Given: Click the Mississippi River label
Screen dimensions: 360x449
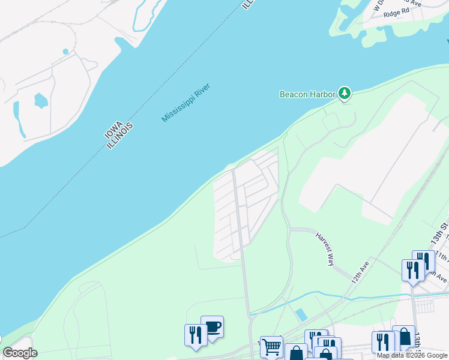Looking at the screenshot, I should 190,98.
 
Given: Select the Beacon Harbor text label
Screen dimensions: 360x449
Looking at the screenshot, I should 307,94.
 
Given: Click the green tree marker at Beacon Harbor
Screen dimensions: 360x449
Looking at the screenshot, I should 344,93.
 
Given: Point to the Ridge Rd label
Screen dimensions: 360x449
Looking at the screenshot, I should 396,11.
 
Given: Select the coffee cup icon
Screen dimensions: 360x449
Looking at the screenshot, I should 213,326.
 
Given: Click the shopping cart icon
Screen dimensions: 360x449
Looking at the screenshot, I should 271,346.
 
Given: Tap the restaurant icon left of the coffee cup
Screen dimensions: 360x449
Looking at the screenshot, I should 195,334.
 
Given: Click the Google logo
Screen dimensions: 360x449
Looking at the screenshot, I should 20,353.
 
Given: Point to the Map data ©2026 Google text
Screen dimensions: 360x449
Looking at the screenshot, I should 411,355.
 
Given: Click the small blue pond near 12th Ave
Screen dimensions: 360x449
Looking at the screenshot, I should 301,314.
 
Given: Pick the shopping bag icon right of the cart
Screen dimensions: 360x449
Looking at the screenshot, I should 296,353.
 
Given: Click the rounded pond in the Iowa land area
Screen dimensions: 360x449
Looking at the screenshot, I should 40,100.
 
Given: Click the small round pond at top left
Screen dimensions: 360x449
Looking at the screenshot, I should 65,52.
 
